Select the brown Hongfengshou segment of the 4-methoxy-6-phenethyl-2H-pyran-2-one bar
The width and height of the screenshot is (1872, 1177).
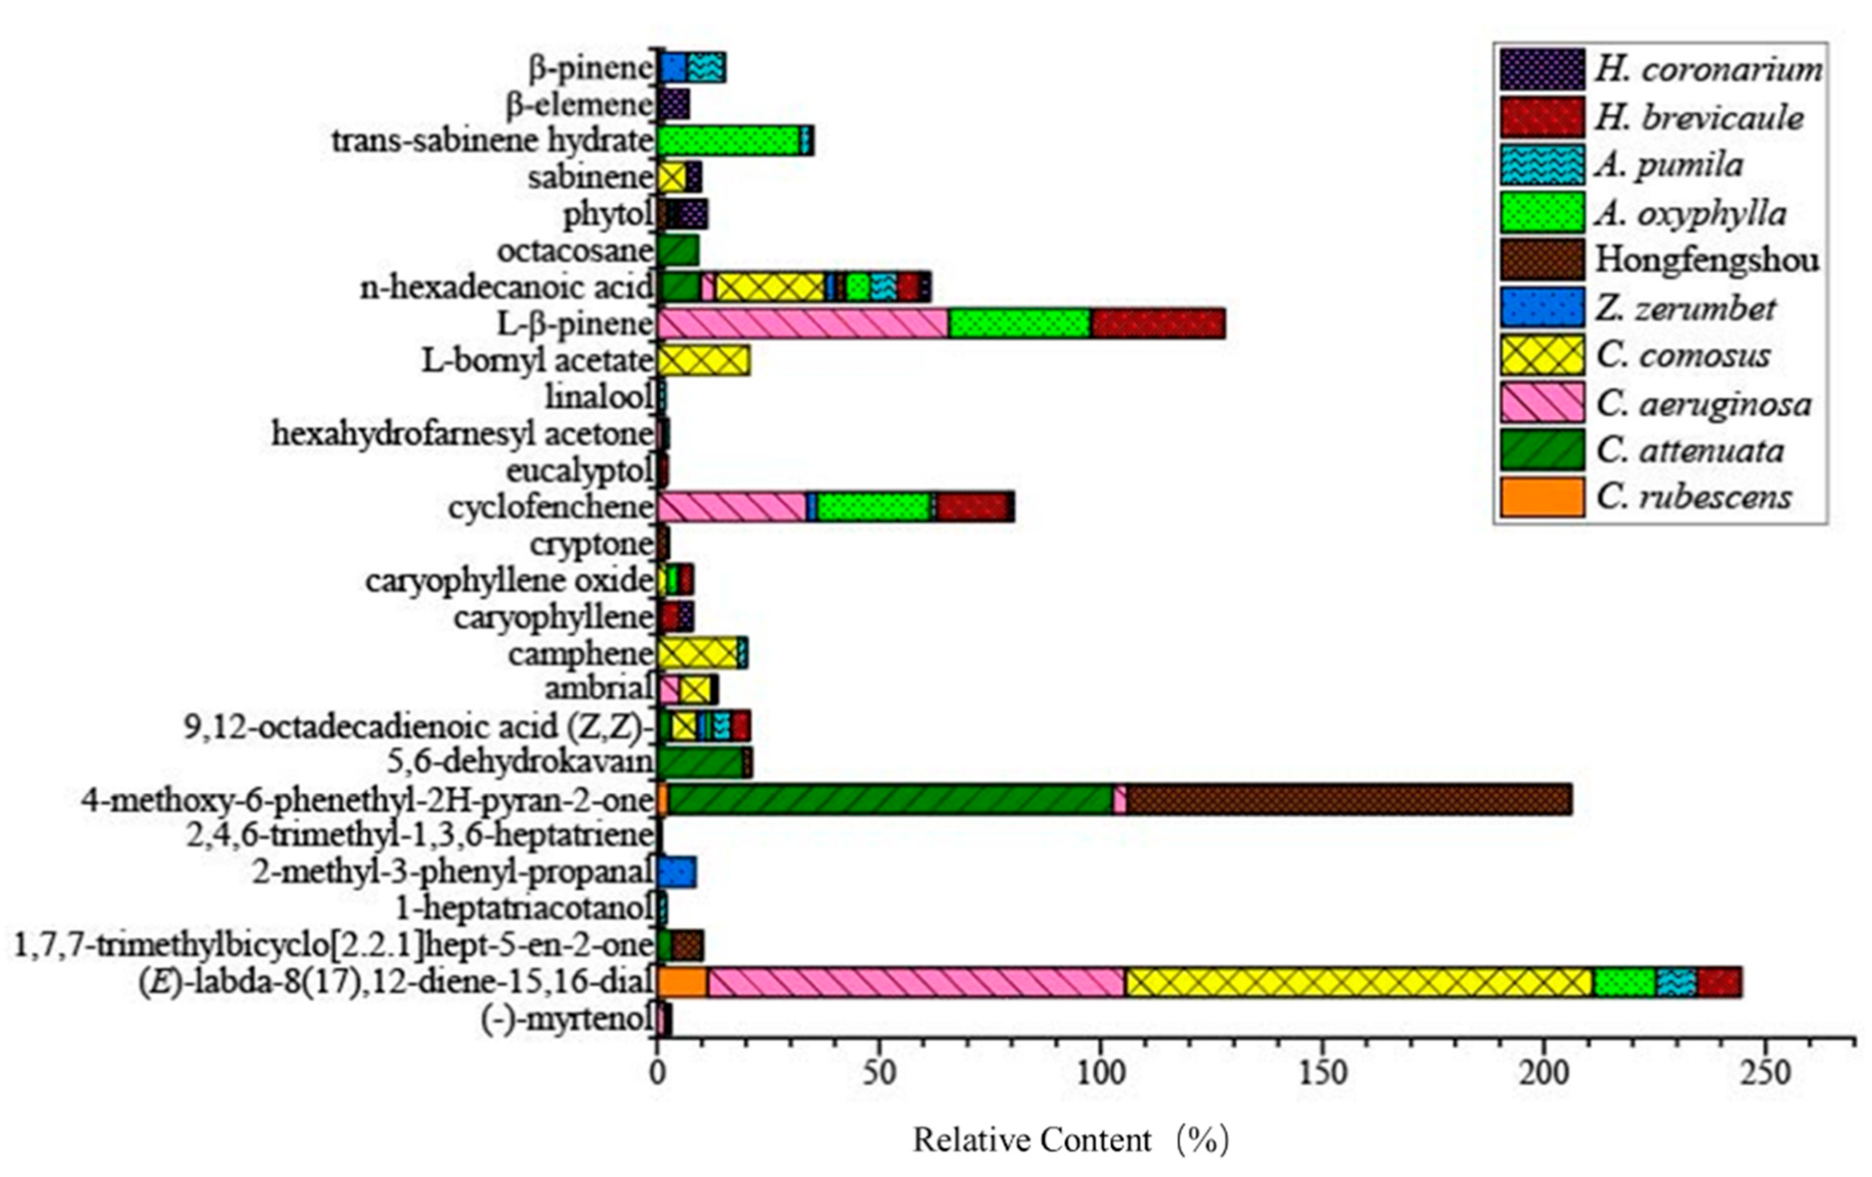coord(1349,799)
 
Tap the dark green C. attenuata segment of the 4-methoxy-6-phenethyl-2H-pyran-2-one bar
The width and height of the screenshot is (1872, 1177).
coord(890,799)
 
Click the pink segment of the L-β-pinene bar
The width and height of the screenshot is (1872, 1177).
coord(803,323)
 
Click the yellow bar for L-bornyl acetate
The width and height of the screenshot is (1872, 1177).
coord(703,360)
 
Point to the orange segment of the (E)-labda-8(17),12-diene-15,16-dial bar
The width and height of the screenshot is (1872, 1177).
coord(683,982)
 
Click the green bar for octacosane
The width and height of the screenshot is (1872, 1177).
coord(678,251)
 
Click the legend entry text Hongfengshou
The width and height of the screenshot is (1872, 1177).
coord(1706,260)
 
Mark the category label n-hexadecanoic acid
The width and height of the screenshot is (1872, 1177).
coord(507,287)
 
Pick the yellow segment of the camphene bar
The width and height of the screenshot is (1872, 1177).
coord(697,653)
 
